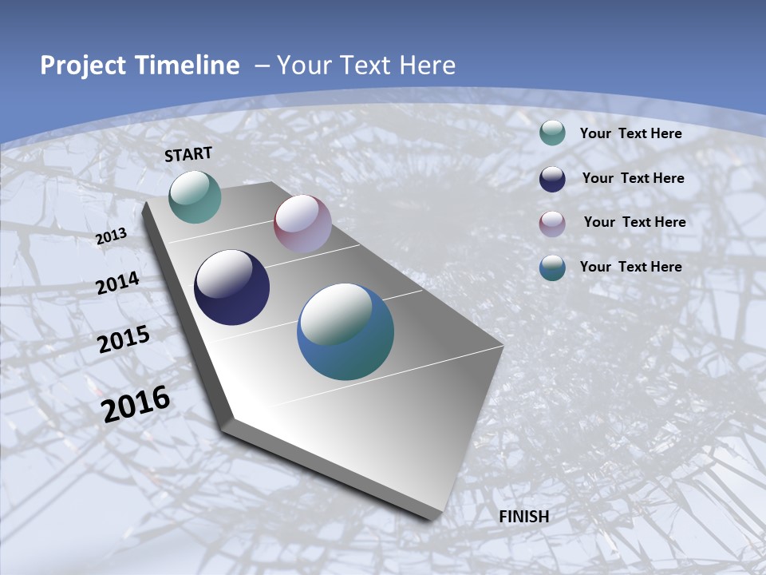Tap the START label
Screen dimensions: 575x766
click(188, 154)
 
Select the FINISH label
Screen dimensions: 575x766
click(523, 517)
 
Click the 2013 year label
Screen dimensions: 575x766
click(111, 236)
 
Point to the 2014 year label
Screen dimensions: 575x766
click(118, 284)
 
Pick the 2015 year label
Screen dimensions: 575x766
click(124, 339)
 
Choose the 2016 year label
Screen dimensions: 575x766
click(136, 404)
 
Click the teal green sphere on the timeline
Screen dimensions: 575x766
click(195, 196)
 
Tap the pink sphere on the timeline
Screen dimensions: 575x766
click(302, 224)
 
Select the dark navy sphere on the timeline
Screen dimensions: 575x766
click(231, 287)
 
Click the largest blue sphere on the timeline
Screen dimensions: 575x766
click(345, 331)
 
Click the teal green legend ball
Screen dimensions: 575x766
click(552, 133)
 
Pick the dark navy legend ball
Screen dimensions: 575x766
click(552, 179)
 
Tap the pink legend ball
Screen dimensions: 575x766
click(552, 224)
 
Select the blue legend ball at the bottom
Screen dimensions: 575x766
click(552, 268)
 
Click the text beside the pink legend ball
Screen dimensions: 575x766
click(634, 222)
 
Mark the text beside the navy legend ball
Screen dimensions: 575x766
click(633, 178)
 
